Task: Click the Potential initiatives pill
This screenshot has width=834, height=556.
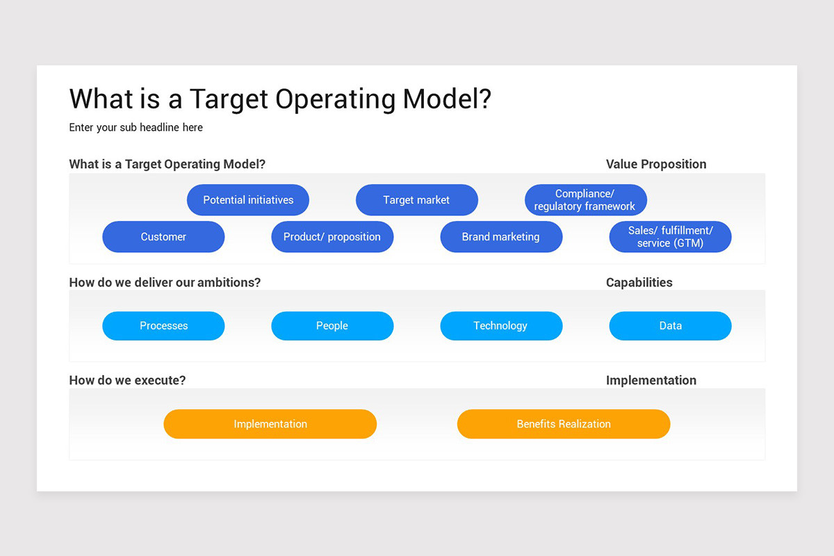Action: [x=248, y=200]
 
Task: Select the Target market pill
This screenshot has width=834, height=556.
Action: [x=416, y=200]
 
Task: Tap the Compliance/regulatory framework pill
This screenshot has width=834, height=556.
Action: [x=585, y=200]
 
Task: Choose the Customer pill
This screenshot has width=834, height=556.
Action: [x=163, y=237]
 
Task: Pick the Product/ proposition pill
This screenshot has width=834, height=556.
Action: [x=332, y=237]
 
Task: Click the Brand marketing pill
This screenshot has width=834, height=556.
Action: [x=501, y=237]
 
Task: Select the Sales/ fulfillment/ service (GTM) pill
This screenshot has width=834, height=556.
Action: [x=670, y=237]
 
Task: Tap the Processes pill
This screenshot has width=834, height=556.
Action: [x=163, y=326]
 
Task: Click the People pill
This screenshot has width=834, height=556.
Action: [x=332, y=326]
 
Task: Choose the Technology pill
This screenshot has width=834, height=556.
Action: [x=501, y=326]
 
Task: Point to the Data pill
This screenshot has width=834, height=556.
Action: [x=670, y=326]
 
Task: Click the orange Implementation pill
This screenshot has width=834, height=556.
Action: [x=270, y=424]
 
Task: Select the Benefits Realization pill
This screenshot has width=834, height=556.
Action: [x=564, y=424]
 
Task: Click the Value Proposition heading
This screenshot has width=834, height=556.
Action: [x=656, y=164]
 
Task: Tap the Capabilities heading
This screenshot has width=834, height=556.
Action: [x=639, y=282]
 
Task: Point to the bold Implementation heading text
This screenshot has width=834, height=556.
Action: [x=651, y=380]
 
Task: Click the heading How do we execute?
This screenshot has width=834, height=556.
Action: [x=127, y=380]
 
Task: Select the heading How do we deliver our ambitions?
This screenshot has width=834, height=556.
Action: [x=165, y=282]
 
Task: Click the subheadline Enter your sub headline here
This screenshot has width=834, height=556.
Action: [x=136, y=128]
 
